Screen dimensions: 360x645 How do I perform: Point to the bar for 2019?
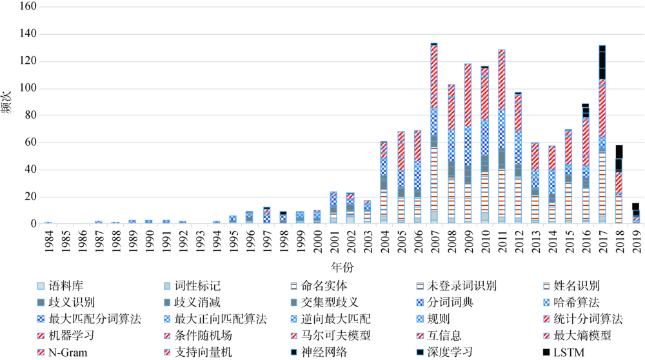[x=635, y=214]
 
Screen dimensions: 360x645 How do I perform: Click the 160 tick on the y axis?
[x=28, y=6]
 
